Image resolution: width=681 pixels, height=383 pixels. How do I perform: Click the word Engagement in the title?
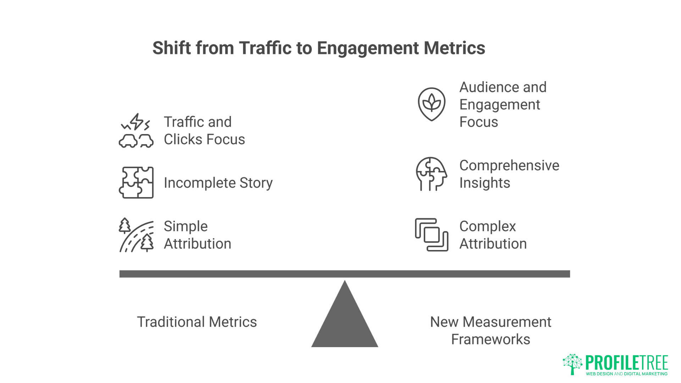click(x=368, y=49)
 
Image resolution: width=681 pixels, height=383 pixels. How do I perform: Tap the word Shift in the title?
click(x=172, y=48)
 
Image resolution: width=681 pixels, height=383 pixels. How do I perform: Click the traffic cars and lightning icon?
click(x=136, y=131)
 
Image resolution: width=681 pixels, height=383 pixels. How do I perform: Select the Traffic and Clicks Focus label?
click(x=204, y=131)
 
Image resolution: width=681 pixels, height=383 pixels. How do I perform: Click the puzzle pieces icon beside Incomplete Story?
click(x=136, y=183)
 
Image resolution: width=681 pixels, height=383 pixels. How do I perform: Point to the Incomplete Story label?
click(x=218, y=183)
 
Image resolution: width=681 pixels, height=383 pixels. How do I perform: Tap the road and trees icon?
click(x=136, y=235)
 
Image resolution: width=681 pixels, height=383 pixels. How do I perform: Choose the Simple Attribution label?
click(x=197, y=235)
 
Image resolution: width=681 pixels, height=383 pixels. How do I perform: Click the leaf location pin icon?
click(x=432, y=104)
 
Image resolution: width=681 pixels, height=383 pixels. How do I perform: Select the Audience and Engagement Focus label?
click(x=503, y=104)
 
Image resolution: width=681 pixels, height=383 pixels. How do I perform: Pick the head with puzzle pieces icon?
click(x=432, y=174)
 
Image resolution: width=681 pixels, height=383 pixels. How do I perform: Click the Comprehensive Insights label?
click(x=509, y=174)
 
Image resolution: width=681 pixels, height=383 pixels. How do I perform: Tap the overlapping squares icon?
click(x=432, y=235)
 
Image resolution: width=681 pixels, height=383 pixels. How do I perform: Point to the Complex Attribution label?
click(x=493, y=235)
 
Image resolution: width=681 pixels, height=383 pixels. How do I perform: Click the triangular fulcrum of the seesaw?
click(x=345, y=313)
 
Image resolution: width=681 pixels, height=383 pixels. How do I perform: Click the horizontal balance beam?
click(x=345, y=274)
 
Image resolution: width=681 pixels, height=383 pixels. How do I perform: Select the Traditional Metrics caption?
click(x=197, y=322)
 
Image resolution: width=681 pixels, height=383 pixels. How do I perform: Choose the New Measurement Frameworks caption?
click(x=491, y=331)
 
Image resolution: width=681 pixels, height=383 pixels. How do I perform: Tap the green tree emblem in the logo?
click(x=572, y=364)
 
